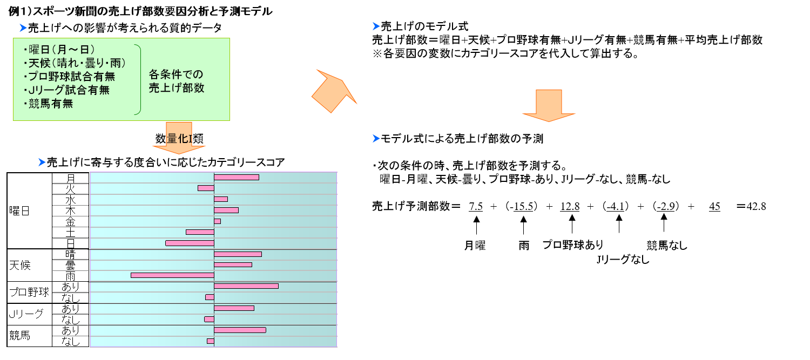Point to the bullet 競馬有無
[51, 104]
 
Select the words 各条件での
[176, 74]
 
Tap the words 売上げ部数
[177, 88]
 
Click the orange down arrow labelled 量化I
[179, 139]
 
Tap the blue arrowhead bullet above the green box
[23, 28]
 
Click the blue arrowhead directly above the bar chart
[42, 162]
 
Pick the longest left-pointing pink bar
[172, 275]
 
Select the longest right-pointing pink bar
[246, 286]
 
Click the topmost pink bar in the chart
[237, 177]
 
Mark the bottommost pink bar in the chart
[210, 341]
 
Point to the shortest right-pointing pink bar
[217, 221]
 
